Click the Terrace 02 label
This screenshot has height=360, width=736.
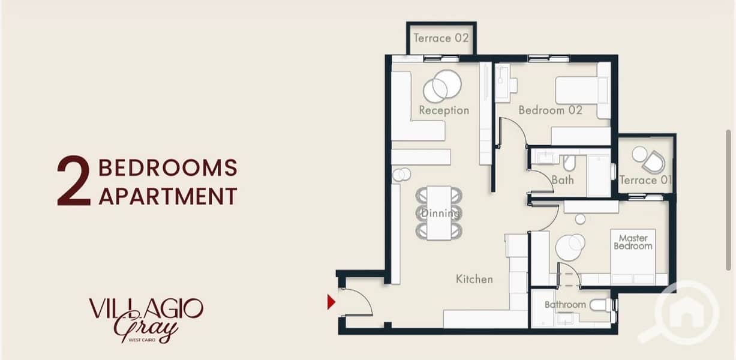pyautogui.click(x=441, y=38)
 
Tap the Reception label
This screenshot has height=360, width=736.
pyautogui.click(x=444, y=110)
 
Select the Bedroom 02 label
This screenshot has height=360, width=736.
pyautogui.click(x=551, y=110)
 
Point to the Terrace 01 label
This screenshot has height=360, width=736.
pyautogui.click(x=645, y=180)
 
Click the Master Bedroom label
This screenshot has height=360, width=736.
pyautogui.click(x=633, y=242)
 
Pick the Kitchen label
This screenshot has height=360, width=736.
pyautogui.click(x=474, y=280)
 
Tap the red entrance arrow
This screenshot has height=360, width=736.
pyautogui.click(x=331, y=302)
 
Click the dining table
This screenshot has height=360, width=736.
pyautogui.click(x=439, y=213)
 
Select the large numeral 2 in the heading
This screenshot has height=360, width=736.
pyautogui.click(x=73, y=181)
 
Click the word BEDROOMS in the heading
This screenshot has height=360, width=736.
pyautogui.click(x=167, y=168)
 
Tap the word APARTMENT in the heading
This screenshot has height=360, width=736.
pyautogui.click(x=168, y=196)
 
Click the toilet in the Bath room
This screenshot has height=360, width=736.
pyautogui.click(x=569, y=163)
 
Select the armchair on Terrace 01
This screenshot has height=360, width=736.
pyautogui.click(x=654, y=162)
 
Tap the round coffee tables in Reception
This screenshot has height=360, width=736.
pyautogui.click(x=442, y=86)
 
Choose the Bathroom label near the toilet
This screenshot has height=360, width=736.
pyautogui.click(x=565, y=305)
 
